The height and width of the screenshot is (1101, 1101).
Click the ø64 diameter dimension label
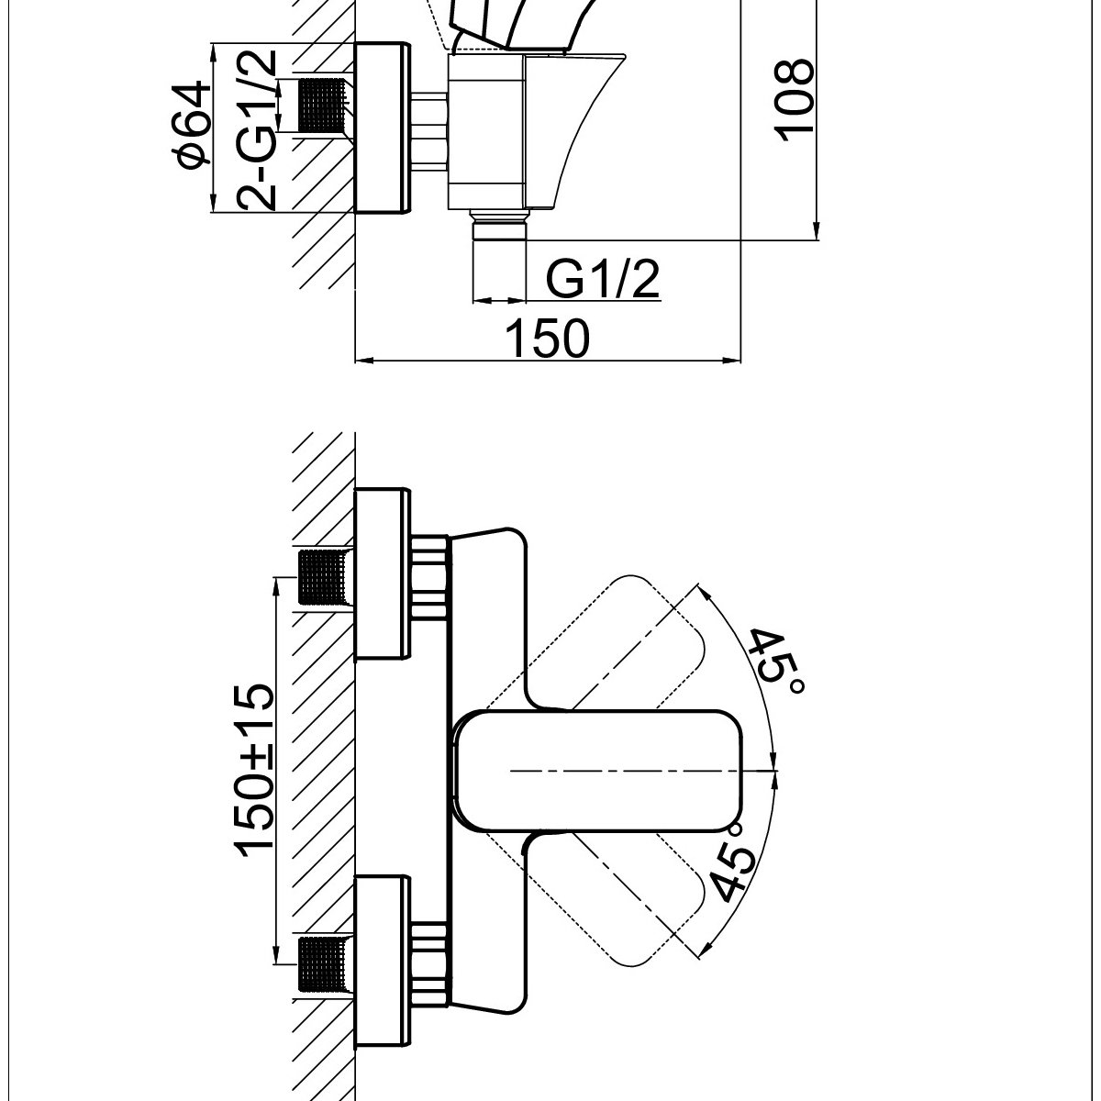tap(195, 125)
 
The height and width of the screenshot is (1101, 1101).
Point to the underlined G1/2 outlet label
tap(603, 279)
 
